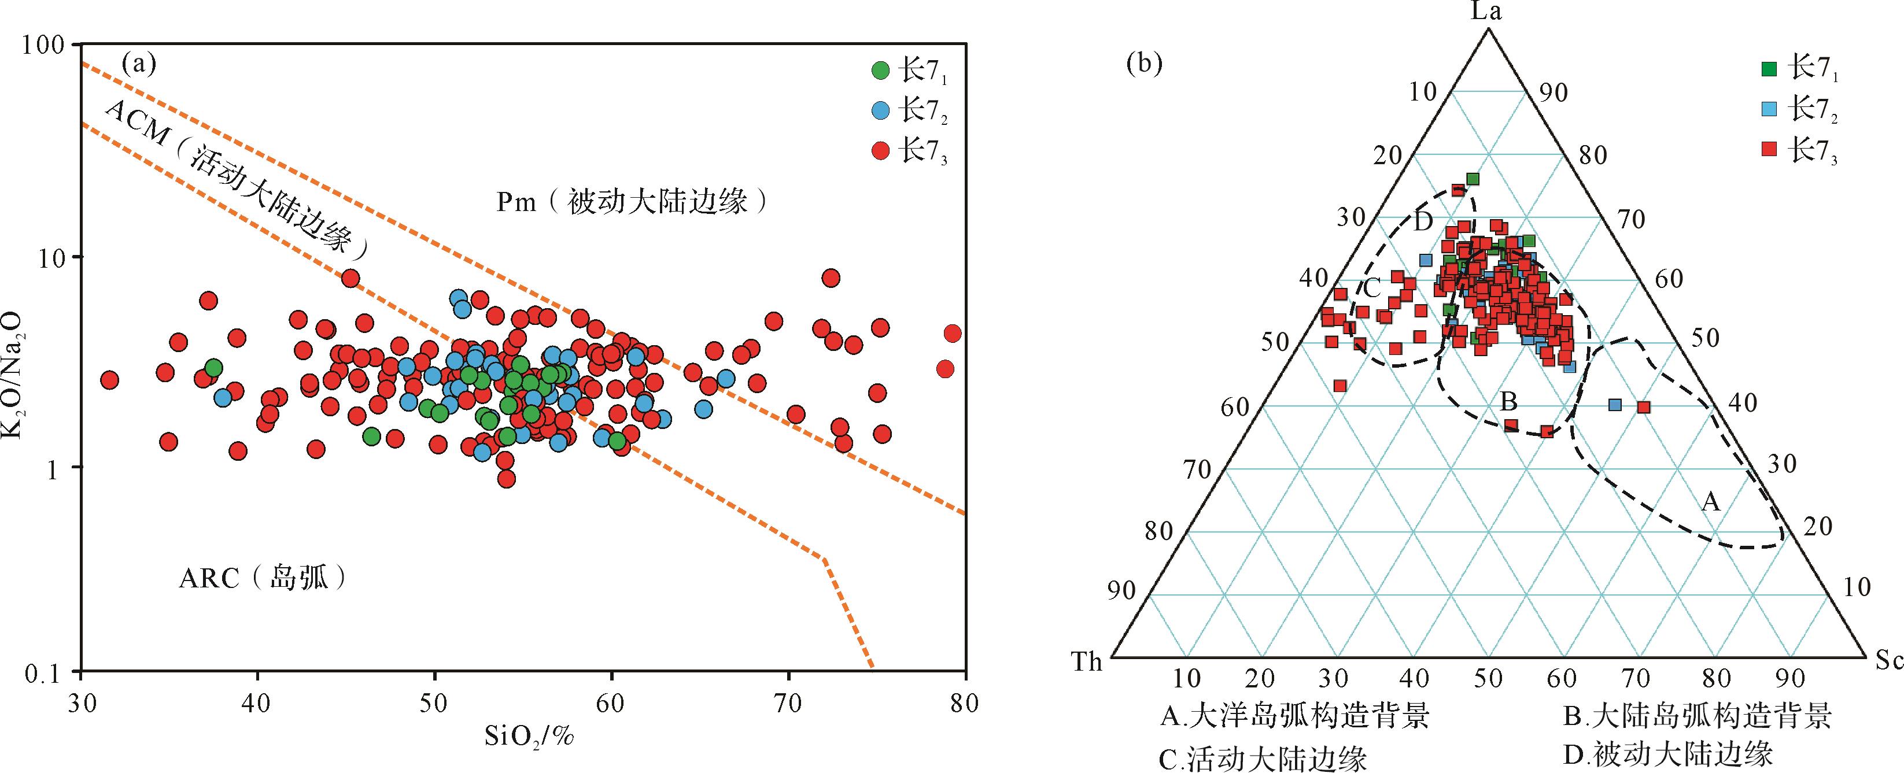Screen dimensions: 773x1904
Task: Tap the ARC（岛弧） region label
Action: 263,578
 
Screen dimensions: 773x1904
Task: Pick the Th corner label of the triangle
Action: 1087,661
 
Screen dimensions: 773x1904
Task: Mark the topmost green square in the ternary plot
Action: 1473,179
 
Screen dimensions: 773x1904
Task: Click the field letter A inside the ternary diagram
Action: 1710,502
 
